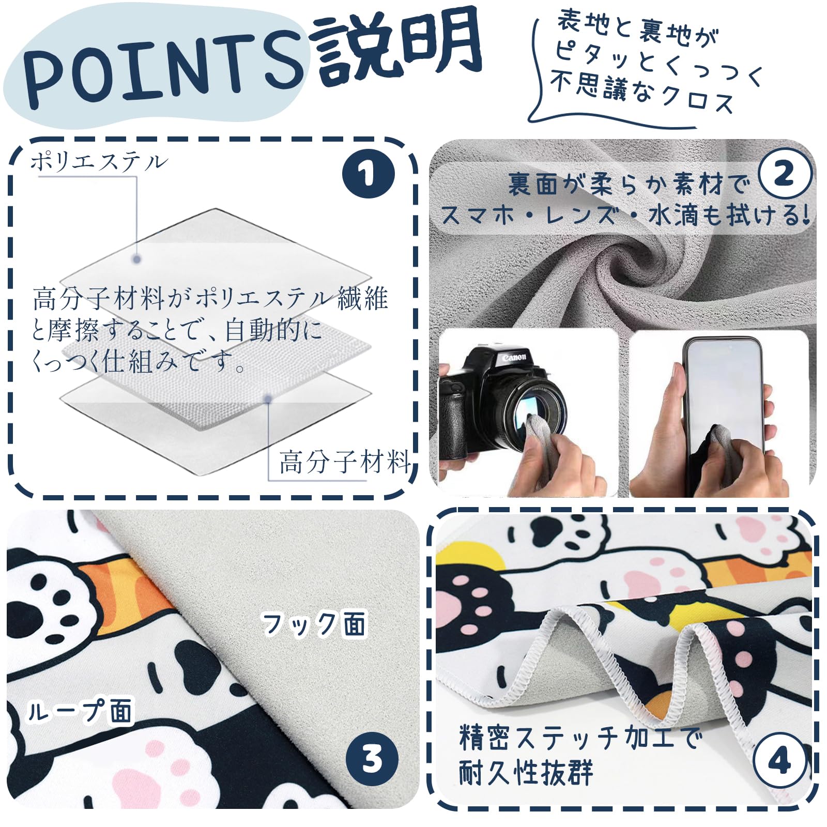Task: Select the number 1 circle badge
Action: coord(369,174)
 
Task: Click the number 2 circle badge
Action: coord(784,174)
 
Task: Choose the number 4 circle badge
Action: coord(779,761)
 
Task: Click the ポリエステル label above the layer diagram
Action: coord(99,162)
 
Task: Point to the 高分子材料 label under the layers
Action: coord(345,462)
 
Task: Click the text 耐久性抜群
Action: coord(526,773)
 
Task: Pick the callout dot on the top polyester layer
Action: coord(136,259)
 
